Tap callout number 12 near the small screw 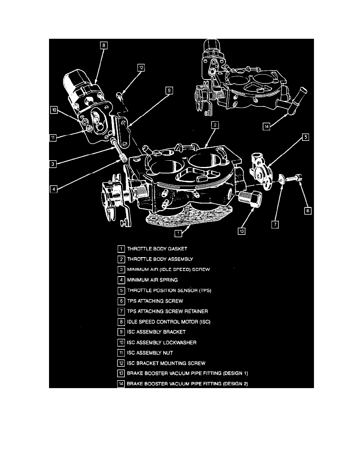[141, 68]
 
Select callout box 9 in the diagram [169, 91]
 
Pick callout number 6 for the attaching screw [307, 211]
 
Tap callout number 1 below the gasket [178, 233]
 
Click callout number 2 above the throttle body [214, 125]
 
